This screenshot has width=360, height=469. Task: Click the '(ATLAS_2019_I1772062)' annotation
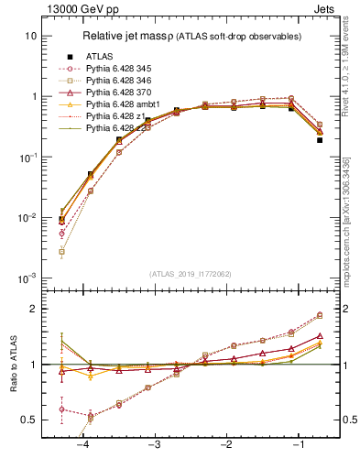pyautogui.click(x=191, y=272)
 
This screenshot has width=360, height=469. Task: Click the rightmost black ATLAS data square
pyautogui.click(x=320, y=140)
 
